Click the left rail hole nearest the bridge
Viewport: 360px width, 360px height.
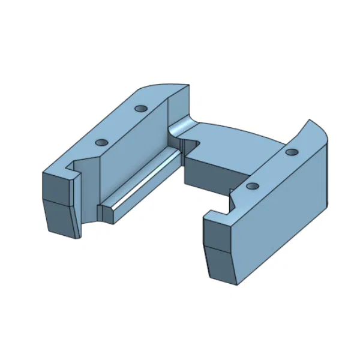click(x=141, y=109)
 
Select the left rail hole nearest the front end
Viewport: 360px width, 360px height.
click(x=100, y=143)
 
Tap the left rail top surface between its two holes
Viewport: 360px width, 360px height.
click(x=120, y=126)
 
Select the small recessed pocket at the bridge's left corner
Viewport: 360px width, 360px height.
click(x=191, y=144)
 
